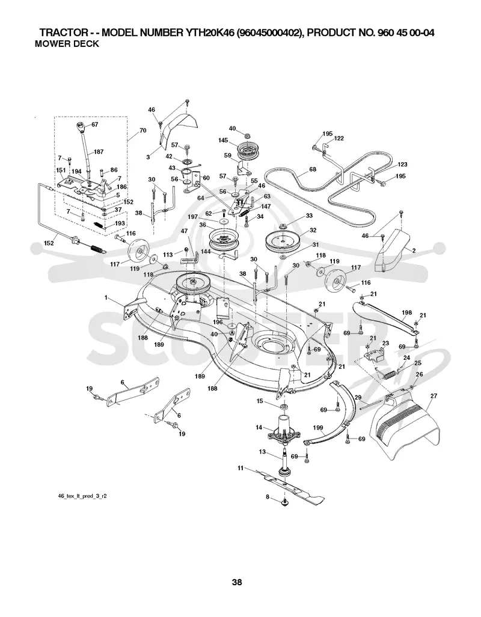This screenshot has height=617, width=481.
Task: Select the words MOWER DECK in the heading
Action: (x=67, y=44)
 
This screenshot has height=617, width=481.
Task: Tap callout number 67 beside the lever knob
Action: (x=95, y=124)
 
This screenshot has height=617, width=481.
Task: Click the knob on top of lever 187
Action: (x=81, y=128)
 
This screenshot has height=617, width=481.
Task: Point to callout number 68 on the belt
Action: (x=313, y=169)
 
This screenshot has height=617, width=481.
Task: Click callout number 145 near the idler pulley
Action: (x=223, y=140)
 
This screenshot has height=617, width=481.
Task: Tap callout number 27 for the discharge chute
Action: (x=434, y=397)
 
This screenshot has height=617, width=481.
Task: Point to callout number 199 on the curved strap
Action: (x=318, y=428)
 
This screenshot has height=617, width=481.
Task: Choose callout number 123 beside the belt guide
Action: (x=402, y=165)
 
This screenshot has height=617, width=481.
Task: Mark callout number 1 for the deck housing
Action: (x=106, y=298)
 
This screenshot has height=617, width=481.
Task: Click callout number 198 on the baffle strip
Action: (x=406, y=313)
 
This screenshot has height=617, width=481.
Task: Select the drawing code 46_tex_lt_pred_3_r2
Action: (x=82, y=496)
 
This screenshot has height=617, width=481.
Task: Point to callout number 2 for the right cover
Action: (x=414, y=251)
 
